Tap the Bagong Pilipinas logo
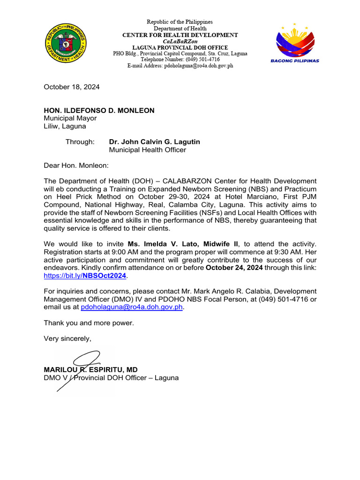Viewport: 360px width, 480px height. point(295,43)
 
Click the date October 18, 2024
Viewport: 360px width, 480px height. point(71,87)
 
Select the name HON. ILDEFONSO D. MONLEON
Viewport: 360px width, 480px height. point(99,111)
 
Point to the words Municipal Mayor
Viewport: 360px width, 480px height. point(70,118)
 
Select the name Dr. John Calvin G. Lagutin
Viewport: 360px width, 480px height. point(154,142)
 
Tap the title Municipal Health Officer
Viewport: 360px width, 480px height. point(147,150)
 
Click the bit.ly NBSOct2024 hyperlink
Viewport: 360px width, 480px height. point(85,276)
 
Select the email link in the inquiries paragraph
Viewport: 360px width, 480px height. point(132,307)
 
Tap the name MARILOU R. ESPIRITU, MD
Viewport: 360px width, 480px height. point(90,370)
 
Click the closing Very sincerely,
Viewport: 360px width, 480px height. point(67,338)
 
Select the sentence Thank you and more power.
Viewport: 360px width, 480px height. point(89,322)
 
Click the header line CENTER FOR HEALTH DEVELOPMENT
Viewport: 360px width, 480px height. point(180,35)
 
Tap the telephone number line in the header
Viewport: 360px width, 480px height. point(180,60)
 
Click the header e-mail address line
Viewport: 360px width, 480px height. point(180,66)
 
